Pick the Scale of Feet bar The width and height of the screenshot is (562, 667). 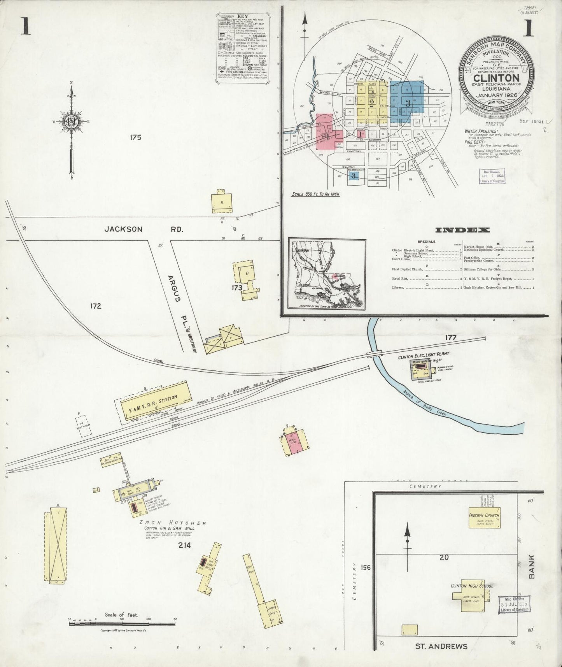click(123, 623)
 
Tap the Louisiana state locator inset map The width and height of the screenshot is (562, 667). click(327, 275)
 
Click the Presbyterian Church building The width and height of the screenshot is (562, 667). click(484, 518)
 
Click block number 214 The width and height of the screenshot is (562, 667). click(184, 545)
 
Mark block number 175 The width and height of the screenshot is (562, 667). click(135, 137)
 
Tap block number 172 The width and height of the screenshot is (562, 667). click(96, 306)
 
